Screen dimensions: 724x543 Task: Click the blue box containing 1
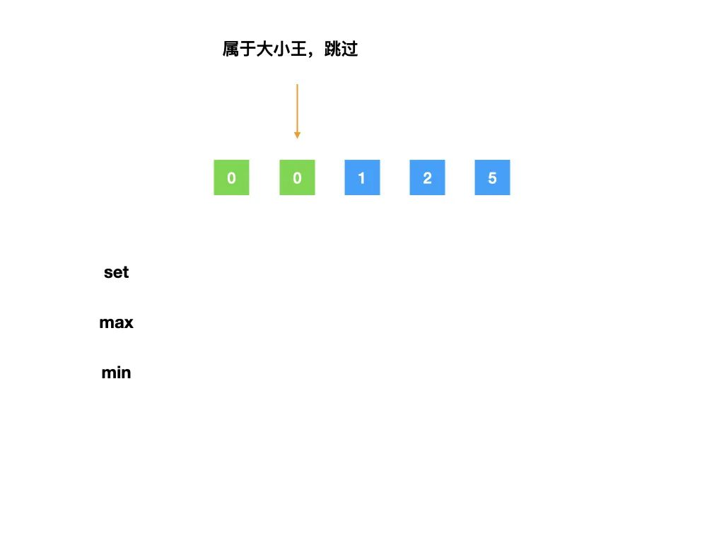tap(362, 177)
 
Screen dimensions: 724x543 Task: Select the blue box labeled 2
tap(427, 177)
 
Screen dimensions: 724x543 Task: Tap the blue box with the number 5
tap(492, 177)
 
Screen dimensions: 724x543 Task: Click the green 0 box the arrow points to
tap(297, 177)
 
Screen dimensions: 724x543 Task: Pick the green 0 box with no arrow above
tap(231, 177)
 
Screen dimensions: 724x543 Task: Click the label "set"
tap(116, 272)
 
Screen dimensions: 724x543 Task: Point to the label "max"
tap(116, 323)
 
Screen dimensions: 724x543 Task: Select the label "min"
tap(116, 373)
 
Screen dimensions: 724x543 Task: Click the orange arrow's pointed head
tap(297, 135)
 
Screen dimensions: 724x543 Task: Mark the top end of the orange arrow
tap(297, 86)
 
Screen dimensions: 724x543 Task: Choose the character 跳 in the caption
tap(333, 49)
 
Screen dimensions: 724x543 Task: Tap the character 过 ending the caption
tap(350, 49)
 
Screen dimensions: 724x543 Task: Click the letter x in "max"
tap(128, 324)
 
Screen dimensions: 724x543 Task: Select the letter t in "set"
tap(126, 272)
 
